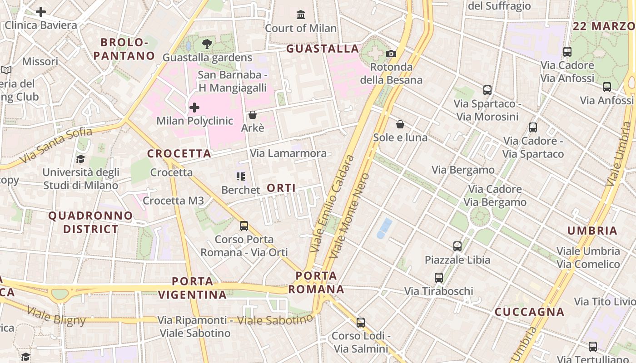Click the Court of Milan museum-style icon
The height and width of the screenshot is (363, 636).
(x=300, y=15)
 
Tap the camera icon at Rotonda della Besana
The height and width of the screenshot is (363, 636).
(x=391, y=54)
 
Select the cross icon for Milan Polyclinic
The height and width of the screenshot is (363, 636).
(x=194, y=108)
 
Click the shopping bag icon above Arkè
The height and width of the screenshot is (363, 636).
(x=253, y=115)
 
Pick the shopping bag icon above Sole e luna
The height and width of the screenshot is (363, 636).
(x=400, y=124)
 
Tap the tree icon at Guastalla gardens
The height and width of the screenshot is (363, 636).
(x=207, y=44)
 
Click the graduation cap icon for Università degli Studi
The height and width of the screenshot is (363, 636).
(x=80, y=159)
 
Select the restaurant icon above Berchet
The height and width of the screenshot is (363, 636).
(x=240, y=176)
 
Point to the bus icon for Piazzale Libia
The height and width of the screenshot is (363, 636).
(x=457, y=246)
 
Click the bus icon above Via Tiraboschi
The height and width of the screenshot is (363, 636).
(x=439, y=277)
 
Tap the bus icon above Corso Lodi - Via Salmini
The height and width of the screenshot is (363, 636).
(x=361, y=322)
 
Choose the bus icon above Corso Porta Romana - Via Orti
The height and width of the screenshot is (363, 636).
(x=244, y=226)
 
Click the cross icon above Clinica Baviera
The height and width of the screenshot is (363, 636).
(x=41, y=12)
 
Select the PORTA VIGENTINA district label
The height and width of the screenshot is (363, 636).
(x=193, y=288)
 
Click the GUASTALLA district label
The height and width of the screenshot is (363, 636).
(x=323, y=49)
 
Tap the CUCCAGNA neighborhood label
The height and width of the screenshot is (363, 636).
(x=529, y=312)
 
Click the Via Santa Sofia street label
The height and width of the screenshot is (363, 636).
(x=56, y=146)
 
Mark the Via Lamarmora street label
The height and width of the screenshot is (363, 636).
(x=288, y=153)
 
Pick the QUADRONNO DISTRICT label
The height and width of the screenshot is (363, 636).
(x=91, y=222)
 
